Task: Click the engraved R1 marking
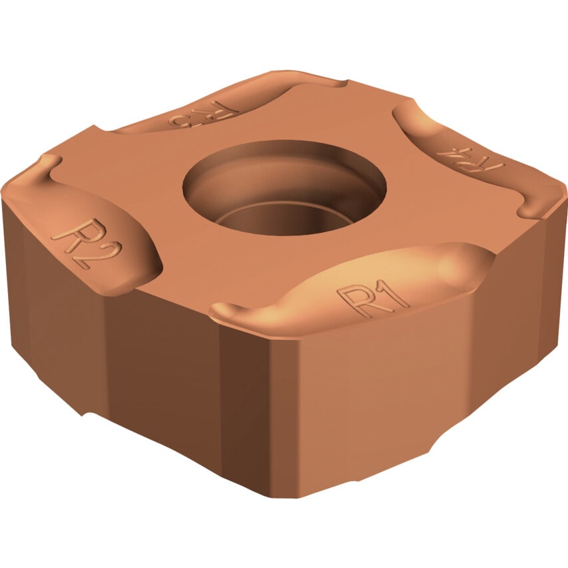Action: click(x=373, y=297)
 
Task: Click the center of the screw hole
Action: click(x=285, y=189)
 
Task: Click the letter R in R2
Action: click(x=71, y=231)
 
